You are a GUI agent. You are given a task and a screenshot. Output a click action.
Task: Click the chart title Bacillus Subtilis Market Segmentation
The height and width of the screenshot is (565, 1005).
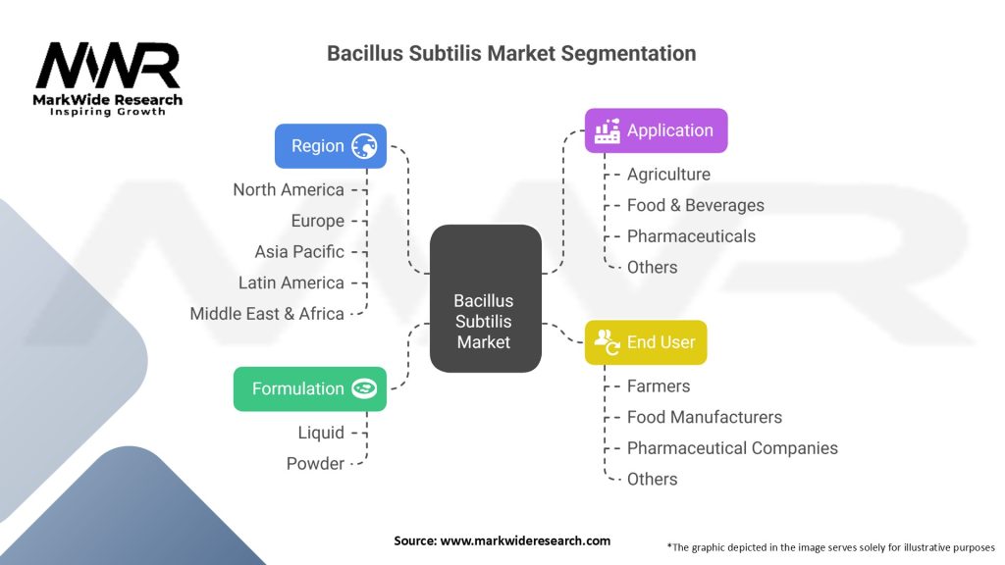[x=511, y=54]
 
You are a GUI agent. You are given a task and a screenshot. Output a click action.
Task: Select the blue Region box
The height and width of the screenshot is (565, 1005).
[x=330, y=146]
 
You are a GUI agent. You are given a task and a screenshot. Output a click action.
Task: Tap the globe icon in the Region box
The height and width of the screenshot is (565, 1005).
[x=364, y=146]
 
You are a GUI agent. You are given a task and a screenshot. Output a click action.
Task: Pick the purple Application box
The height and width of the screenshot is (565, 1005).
[x=656, y=130]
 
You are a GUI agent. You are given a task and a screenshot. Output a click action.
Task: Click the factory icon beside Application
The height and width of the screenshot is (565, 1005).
[x=607, y=130]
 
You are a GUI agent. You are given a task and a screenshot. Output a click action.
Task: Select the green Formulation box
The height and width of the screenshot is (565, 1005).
[x=309, y=388]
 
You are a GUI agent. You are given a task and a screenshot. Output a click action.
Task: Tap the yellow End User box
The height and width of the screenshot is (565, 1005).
[x=645, y=342]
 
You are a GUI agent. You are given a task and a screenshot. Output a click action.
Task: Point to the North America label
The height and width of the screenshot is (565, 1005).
[x=289, y=189]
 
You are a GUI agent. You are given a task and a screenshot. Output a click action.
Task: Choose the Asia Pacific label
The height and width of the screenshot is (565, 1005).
[x=299, y=251]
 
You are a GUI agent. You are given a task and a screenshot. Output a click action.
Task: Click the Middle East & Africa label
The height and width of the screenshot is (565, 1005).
[x=267, y=314]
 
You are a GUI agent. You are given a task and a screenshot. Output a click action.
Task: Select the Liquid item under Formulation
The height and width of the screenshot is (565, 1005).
[x=321, y=433]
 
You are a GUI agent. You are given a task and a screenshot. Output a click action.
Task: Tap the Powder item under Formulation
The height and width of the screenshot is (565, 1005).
[x=315, y=463]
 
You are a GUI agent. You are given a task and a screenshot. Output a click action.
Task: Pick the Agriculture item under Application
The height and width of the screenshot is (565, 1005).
[x=668, y=174]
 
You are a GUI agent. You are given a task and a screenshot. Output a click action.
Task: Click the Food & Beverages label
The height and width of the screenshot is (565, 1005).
[x=695, y=205]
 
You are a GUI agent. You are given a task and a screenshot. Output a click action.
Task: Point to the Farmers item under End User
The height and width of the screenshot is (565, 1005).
[x=659, y=385]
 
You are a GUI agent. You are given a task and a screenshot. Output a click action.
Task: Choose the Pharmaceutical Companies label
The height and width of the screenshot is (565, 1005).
[x=732, y=448]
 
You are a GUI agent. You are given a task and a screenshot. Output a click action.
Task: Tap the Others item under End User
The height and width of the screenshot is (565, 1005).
[x=652, y=479]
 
